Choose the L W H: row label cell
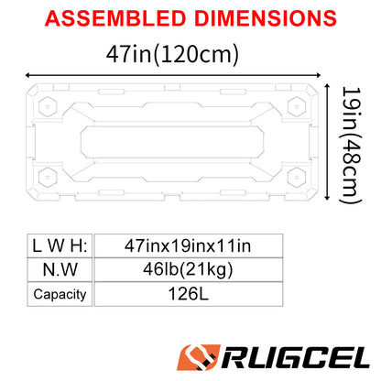(60, 245)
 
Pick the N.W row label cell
(60, 269)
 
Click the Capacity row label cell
(60, 294)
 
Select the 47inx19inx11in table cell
(187, 245)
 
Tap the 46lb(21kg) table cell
(187, 269)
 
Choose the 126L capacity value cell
(187, 294)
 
